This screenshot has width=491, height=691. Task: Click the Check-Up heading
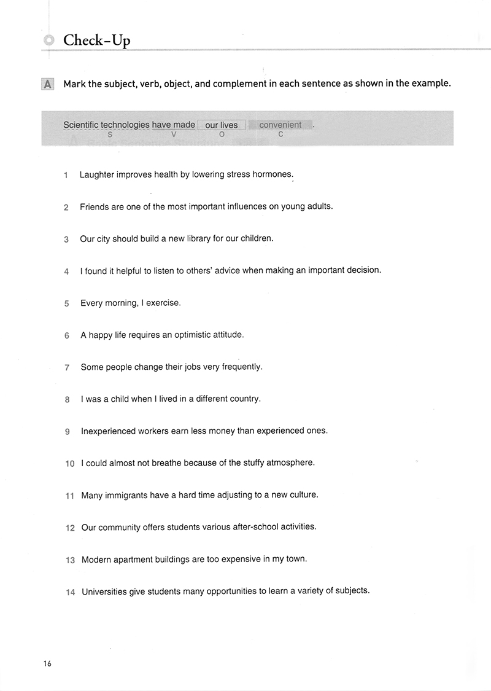[96, 41]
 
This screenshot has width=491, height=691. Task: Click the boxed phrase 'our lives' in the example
[221, 125]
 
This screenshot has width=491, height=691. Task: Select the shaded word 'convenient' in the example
[280, 125]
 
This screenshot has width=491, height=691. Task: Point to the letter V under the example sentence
[174, 134]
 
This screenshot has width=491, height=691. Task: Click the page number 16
[47, 663]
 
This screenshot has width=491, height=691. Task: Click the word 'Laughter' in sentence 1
[97, 174]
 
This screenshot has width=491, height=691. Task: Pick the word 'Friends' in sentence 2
[95, 206]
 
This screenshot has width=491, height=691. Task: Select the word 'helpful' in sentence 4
[125, 270]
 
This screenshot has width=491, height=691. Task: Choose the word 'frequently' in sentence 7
[241, 367]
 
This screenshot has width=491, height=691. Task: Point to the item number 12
[70, 528]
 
